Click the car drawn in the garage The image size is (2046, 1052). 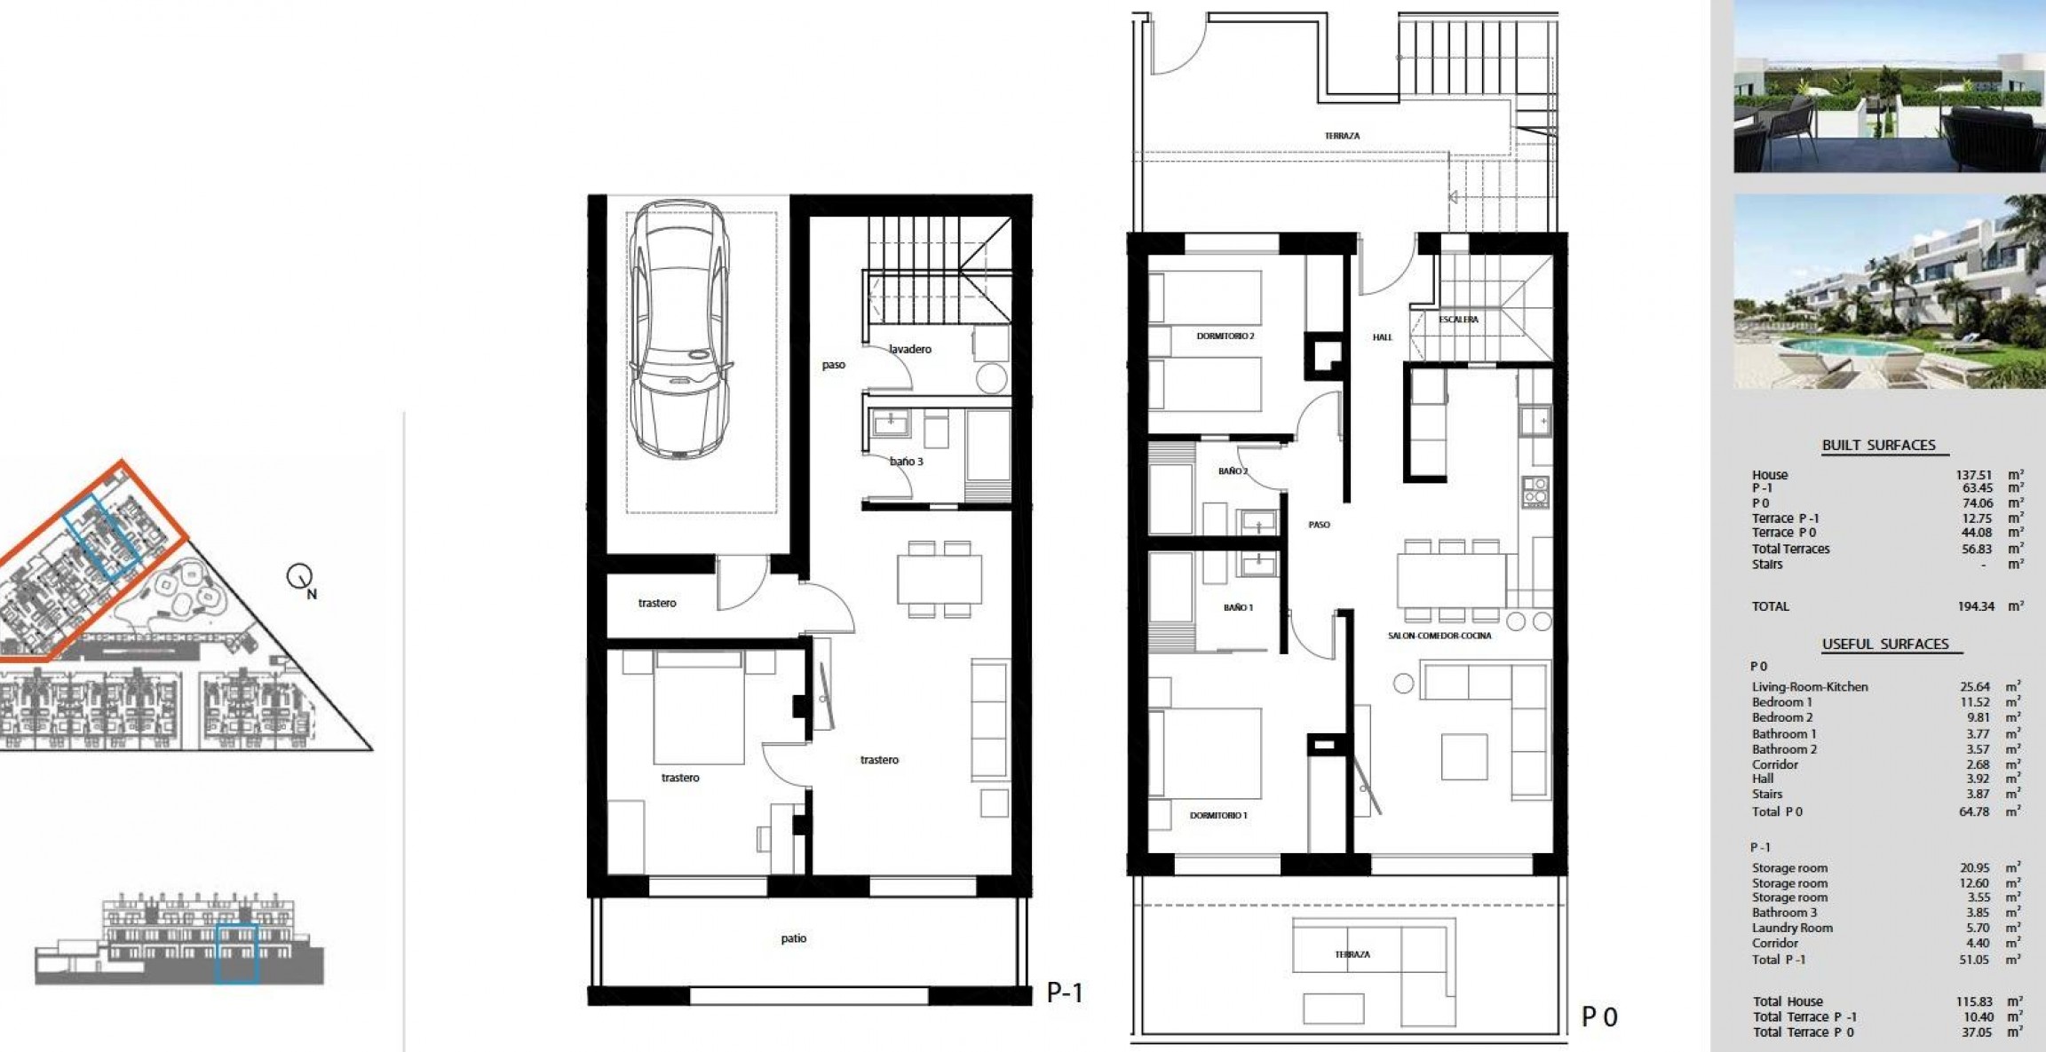[679, 328]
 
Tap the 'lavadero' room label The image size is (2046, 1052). [910, 349]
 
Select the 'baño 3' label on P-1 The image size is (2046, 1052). [907, 462]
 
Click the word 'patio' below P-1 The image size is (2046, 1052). [794, 938]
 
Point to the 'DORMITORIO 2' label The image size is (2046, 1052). [1225, 336]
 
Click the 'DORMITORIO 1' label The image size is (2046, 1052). [1218, 815]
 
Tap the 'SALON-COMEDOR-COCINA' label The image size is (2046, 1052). [1439, 636]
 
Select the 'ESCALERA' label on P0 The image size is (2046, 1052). [1458, 320]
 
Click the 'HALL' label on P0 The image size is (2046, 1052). [1383, 337]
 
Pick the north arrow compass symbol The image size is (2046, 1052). [300, 579]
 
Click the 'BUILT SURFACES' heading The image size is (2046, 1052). [1878, 446]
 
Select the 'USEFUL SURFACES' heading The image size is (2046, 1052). [1885, 645]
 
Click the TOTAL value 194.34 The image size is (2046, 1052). [1976, 606]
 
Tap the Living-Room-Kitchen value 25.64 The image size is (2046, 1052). [1975, 687]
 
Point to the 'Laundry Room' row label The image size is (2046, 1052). [1792, 928]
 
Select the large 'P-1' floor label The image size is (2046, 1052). [1065, 993]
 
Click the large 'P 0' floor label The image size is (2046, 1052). [1599, 1016]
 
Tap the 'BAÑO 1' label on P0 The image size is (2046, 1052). [1238, 608]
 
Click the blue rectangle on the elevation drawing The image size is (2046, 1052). [237, 953]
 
